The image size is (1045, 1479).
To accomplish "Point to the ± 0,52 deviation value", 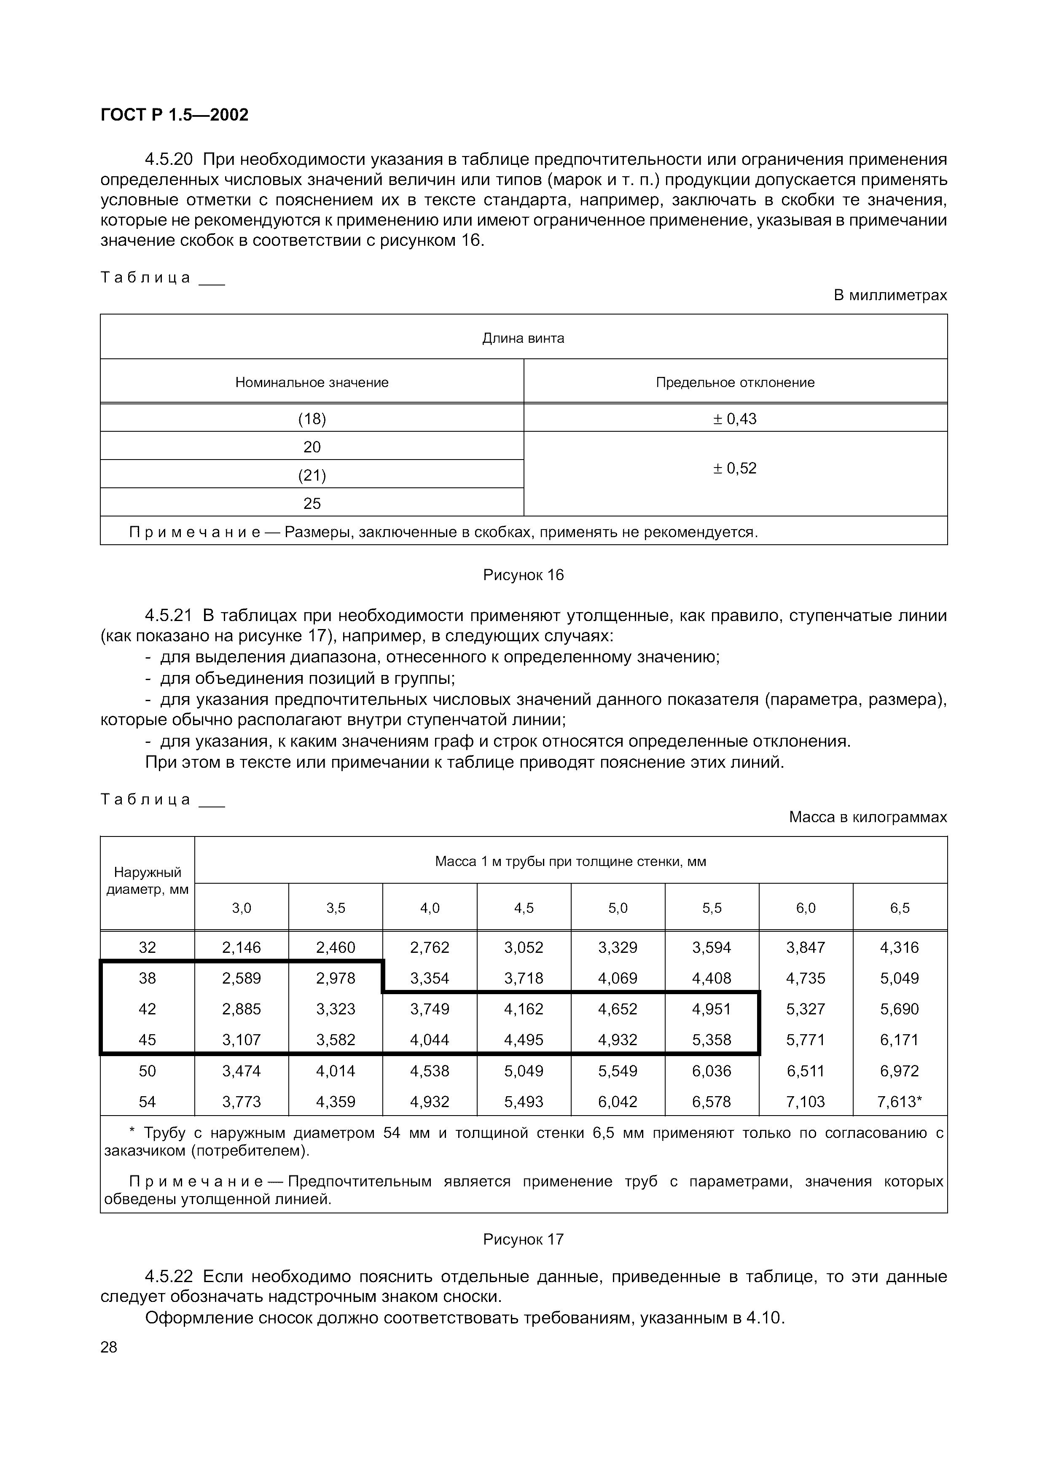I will pyautogui.click(x=735, y=468).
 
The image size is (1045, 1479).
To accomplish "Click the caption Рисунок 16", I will pyautogui.click(x=523, y=575).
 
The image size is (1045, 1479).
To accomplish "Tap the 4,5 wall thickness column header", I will pyautogui.click(x=524, y=908).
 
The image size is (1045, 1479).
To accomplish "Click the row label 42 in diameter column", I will pyautogui.click(x=148, y=1009).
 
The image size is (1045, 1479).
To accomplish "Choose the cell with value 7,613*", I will pyautogui.click(x=900, y=1102).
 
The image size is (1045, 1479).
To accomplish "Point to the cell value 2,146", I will pyautogui.click(x=242, y=948).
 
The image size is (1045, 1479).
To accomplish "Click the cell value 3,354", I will pyautogui.click(x=430, y=979).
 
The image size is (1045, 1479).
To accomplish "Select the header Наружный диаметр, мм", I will pyautogui.click(x=148, y=881).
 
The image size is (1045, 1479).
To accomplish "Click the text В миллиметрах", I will pyautogui.click(x=890, y=295).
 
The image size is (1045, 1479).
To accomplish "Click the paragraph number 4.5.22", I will pyautogui.click(x=171, y=1277).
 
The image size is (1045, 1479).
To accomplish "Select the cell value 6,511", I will pyautogui.click(x=806, y=1071).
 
